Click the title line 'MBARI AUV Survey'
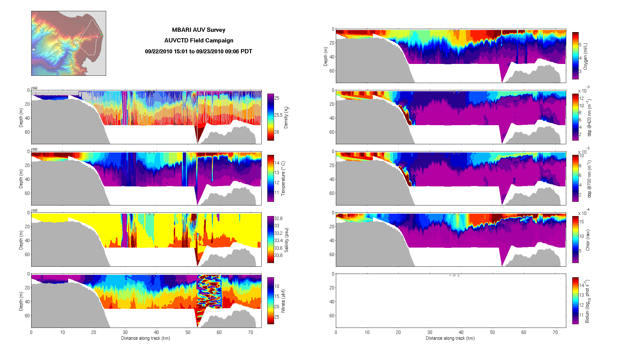pos(199,30)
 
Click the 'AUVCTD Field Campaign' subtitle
pos(199,40)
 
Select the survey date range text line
pos(199,51)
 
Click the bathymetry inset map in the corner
pos(69,43)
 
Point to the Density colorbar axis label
pos(286,118)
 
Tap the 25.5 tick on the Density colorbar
pos(278,115)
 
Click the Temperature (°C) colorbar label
pos(283,178)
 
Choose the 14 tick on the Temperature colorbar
pos(277,163)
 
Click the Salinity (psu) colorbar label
pos(286,240)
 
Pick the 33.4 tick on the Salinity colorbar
pos(278,241)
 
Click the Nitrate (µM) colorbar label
pos(283,301)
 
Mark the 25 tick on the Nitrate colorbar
pos(277,317)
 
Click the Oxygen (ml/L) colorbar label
pos(585,56)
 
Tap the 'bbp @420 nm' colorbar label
pos(589,118)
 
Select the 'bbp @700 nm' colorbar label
pos(589,179)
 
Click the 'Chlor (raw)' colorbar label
pos(588,240)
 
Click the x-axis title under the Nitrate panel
pos(145,338)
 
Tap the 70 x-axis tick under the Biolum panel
pos(555,332)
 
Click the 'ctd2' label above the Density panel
pos(34,88)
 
